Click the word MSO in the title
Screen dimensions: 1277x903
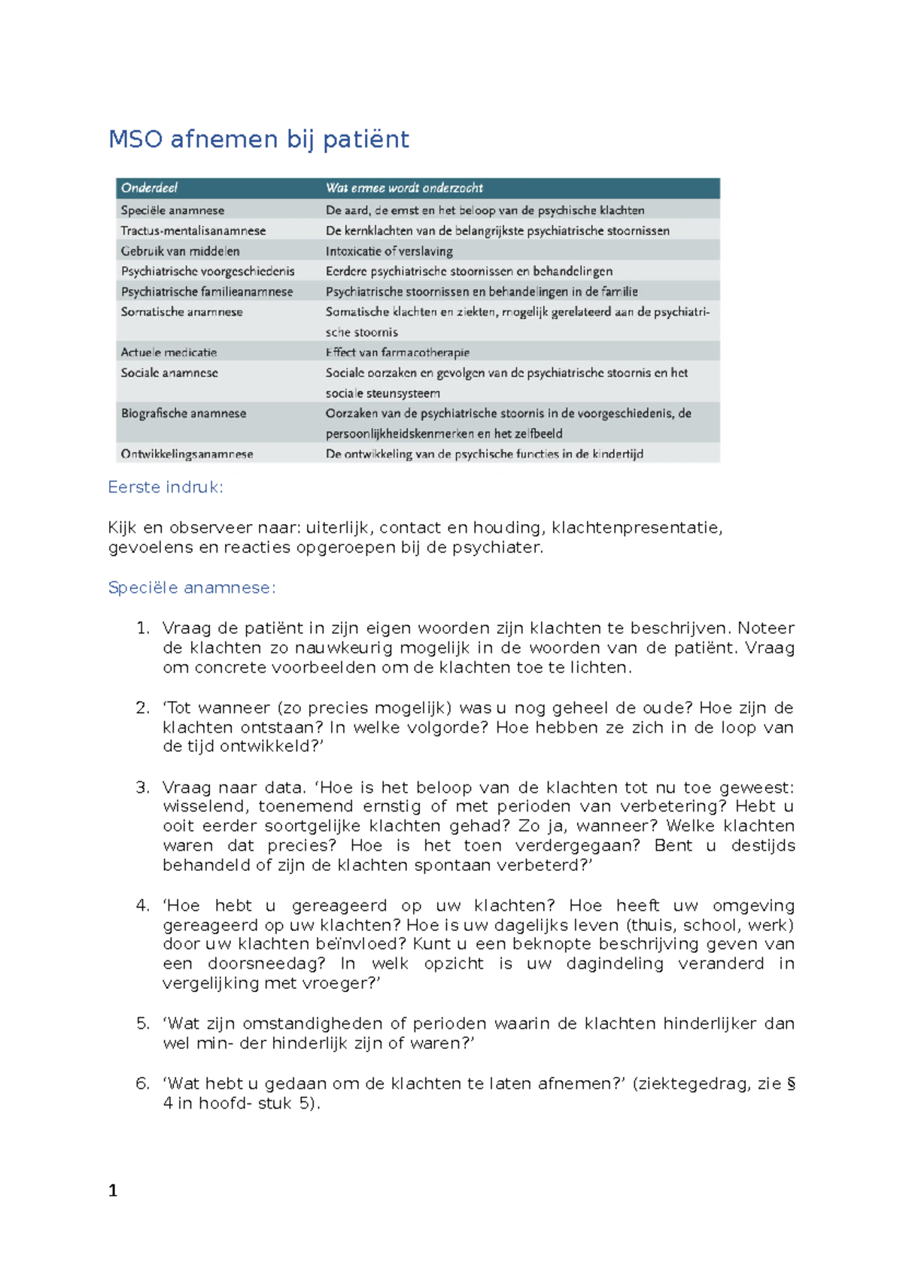pos(135,139)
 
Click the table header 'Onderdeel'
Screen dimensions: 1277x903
pos(149,188)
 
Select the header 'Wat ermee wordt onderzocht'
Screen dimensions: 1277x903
pos(404,188)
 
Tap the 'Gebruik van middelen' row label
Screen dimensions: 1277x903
pos(180,251)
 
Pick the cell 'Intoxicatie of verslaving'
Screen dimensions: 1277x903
pos(389,251)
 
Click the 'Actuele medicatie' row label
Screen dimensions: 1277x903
pos(169,352)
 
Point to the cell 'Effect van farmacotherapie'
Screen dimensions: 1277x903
pos(397,352)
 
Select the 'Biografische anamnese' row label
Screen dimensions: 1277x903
pos(184,413)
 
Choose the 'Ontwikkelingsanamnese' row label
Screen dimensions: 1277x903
pos(187,453)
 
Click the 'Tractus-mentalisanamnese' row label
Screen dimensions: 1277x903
pos(193,231)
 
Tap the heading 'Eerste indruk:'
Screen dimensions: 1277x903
pos(166,487)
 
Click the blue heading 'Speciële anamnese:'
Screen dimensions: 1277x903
pos(192,588)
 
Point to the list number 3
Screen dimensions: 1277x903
pos(142,787)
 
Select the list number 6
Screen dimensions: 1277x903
pos(142,1084)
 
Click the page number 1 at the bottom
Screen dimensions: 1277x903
pos(113,1191)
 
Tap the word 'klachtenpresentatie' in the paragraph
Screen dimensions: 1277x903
pos(637,528)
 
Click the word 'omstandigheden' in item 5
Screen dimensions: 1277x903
pos(312,1024)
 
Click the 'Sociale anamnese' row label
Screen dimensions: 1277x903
pos(169,372)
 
